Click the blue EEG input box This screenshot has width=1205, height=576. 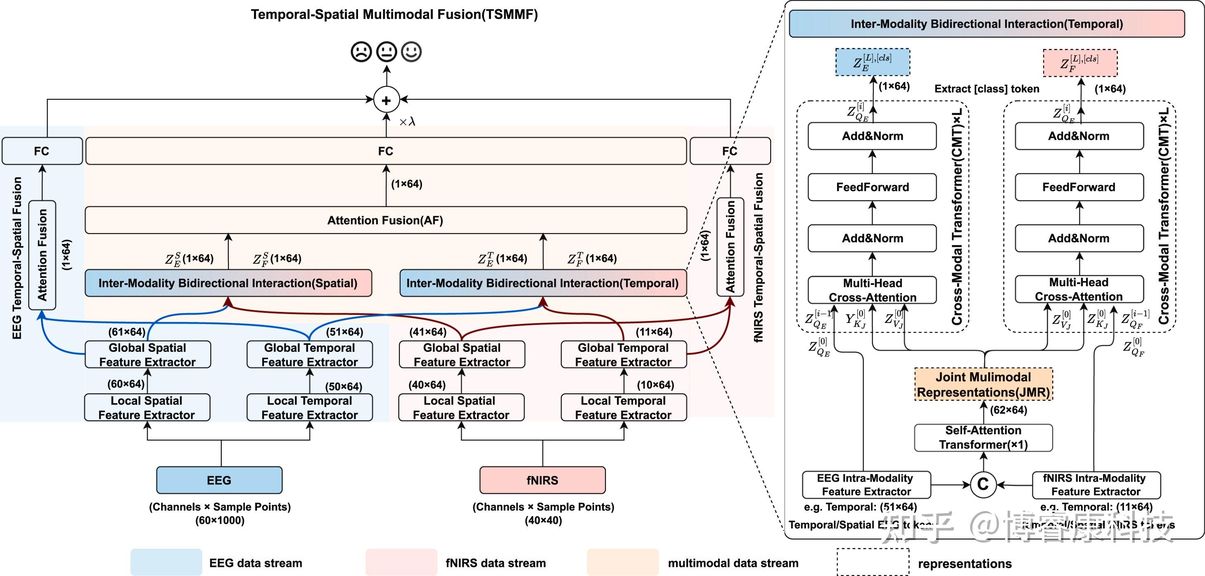pos(219,480)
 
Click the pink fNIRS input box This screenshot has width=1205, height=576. pos(542,480)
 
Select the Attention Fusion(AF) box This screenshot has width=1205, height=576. pos(385,220)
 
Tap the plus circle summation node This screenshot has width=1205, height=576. pos(387,100)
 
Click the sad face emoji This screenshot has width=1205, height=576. pos(361,52)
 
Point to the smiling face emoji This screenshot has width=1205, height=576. pos(412,52)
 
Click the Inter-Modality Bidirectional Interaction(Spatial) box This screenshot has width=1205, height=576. pos(228,283)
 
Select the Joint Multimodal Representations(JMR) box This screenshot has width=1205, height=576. pos(983,384)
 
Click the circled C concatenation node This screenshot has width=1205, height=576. pos(983,484)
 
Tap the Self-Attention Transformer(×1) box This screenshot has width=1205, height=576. pos(983,437)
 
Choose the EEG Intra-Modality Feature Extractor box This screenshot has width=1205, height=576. pos(866,485)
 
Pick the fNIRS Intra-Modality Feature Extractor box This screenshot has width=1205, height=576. pos(1096,485)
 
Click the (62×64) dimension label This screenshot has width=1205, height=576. pos(1008,410)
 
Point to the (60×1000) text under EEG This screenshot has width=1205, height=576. pos(220,520)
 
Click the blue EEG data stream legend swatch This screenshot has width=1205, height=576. pos(166,562)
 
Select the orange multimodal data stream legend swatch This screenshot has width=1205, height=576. pos(623,562)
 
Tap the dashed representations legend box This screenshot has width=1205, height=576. pos(873,562)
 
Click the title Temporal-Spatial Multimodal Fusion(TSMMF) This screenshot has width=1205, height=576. pos(394,14)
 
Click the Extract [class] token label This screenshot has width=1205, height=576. pos(987,89)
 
